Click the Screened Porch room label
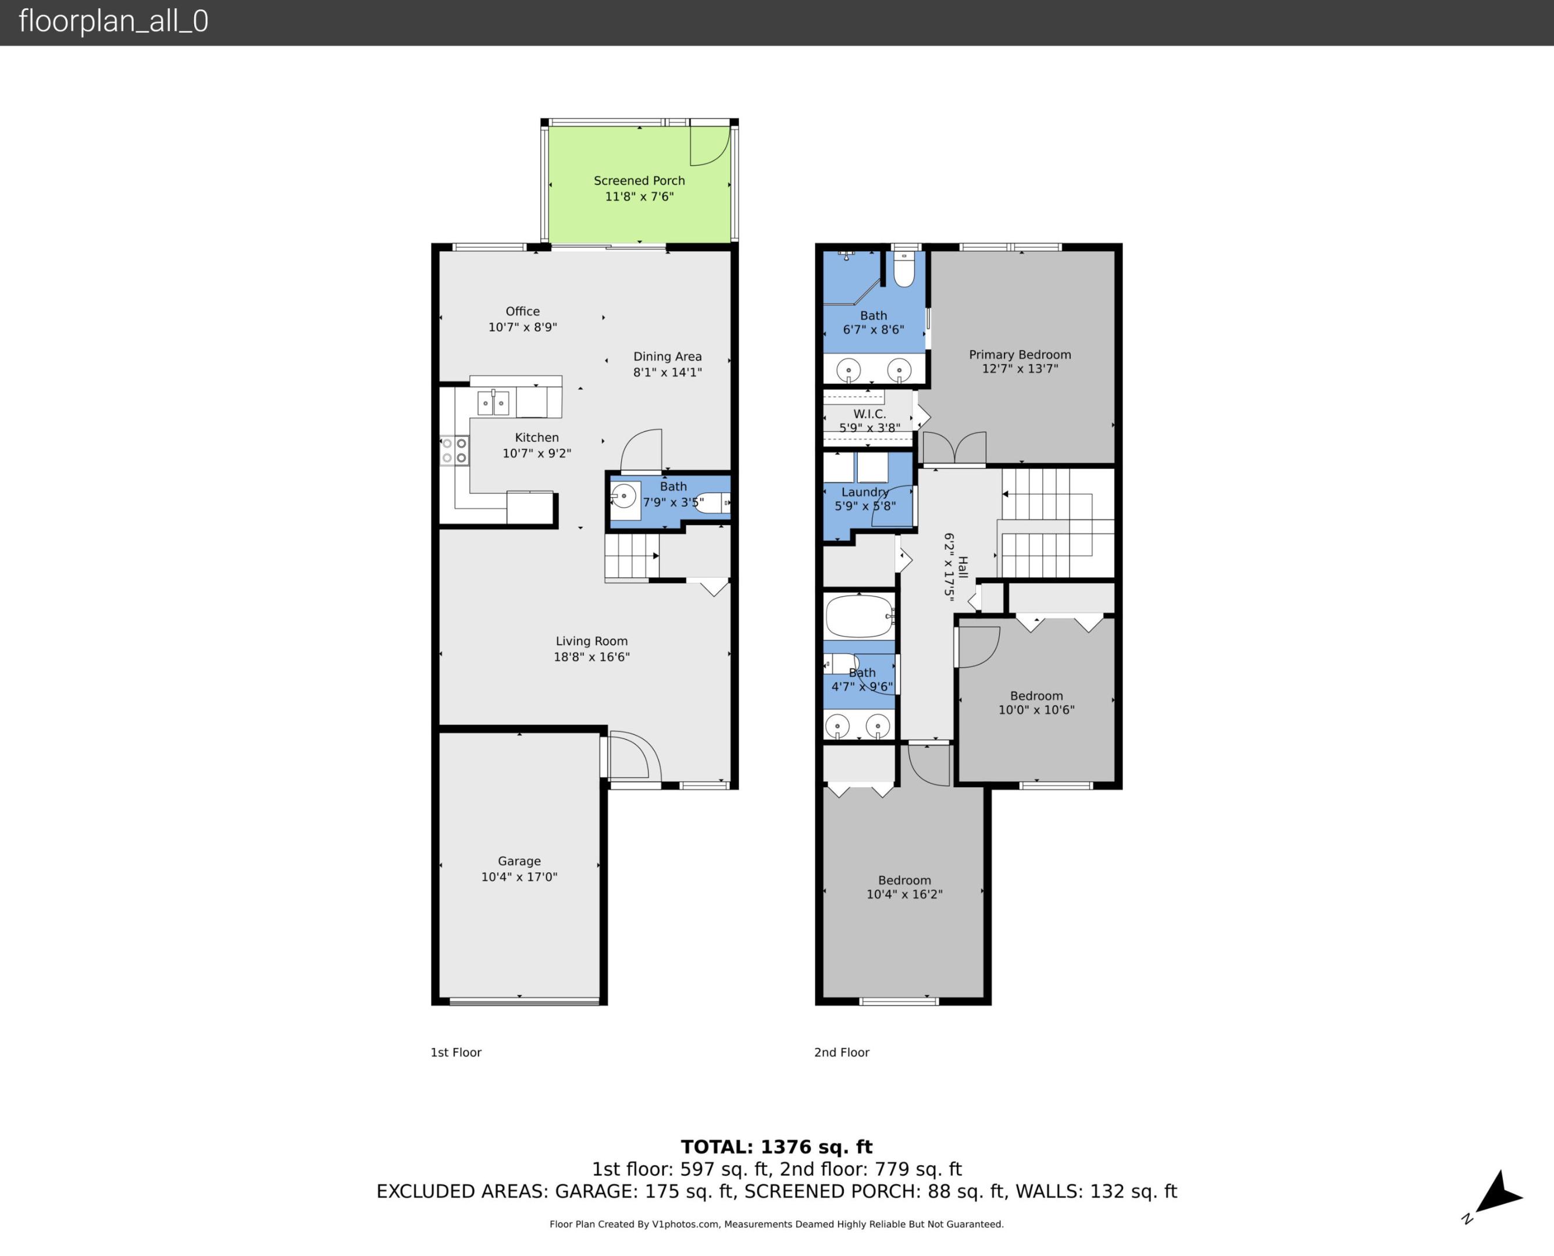(x=639, y=181)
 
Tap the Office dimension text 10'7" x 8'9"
(x=522, y=327)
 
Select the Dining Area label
(x=667, y=356)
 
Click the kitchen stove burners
(x=454, y=450)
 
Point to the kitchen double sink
(x=493, y=403)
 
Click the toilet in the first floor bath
(x=712, y=502)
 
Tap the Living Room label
(x=591, y=641)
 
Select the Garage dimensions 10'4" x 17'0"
(x=519, y=877)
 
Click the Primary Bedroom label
(x=1020, y=355)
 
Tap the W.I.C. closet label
(x=869, y=414)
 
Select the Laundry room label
(x=865, y=492)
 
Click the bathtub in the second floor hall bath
(x=860, y=616)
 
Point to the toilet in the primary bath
(x=904, y=269)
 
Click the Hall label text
(x=962, y=566)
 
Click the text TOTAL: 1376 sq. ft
(x=776, y=1147)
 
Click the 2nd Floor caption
(x=842, y=1052)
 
